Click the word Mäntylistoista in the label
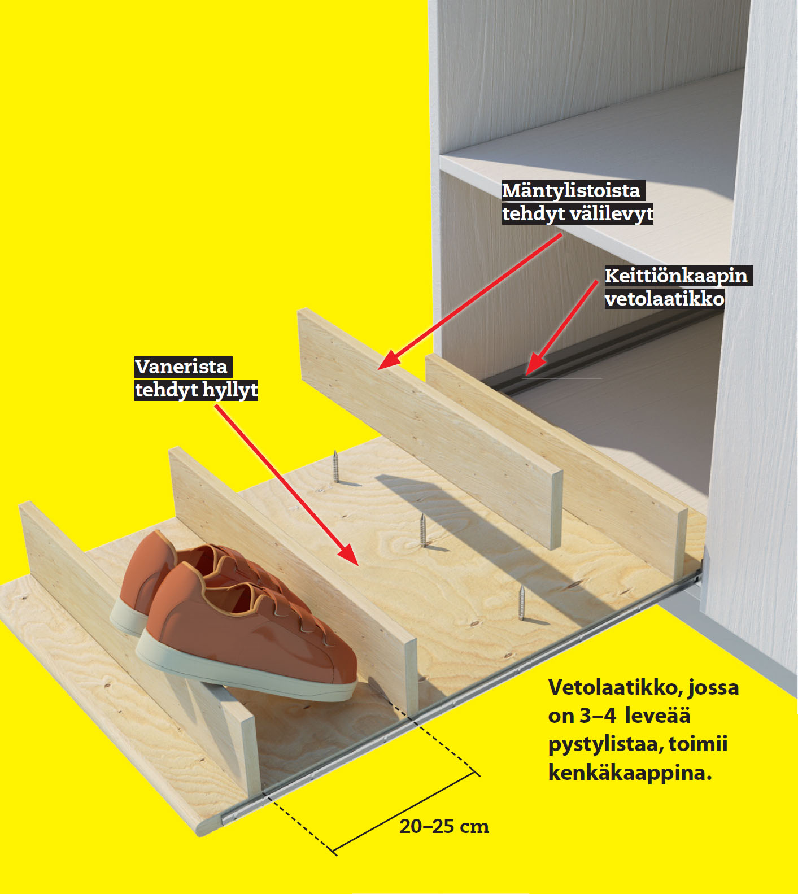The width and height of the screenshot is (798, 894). [571, 190]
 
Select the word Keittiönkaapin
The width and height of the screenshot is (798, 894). [676, 276]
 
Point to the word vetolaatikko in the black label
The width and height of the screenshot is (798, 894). [664, 298]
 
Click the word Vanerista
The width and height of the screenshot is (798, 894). [181, 367]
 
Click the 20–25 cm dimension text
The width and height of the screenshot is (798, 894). [444, 827]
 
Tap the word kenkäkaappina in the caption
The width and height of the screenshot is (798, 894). [630, 772]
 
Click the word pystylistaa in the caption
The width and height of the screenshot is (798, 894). [606, 744]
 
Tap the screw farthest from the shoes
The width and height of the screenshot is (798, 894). [335, 466]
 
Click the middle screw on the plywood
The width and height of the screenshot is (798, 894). [423, 530]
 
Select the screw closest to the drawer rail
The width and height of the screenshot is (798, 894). [522, 603]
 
